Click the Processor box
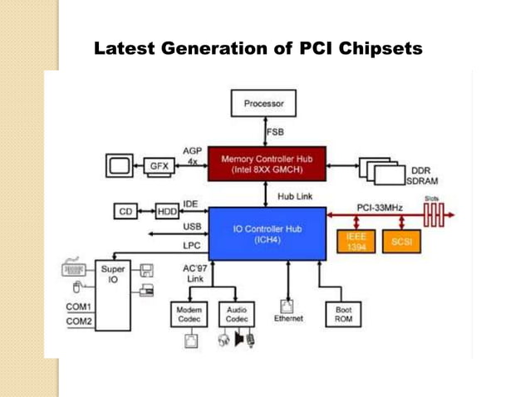coord(264,105)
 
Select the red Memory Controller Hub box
coord(266,163)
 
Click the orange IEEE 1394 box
coord(356,242)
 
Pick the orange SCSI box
coord(402,242)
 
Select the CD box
coord(126,212)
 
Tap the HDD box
coord(167,212)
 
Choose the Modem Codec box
coord(186,314)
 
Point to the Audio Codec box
coord(236,314)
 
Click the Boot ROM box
coord(341,314)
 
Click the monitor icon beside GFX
coord(120,165)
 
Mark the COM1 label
coord(79,306)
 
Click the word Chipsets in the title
coord(377,49)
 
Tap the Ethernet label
coord(287,318)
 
